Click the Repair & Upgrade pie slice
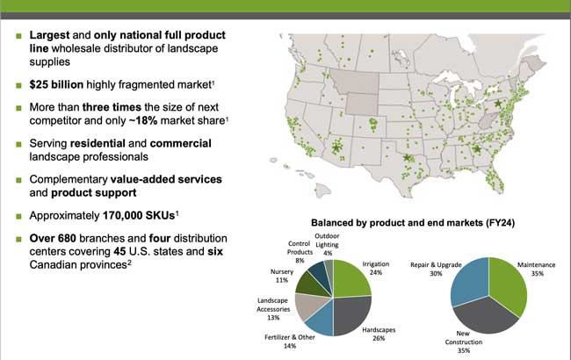tap(466, 281)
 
